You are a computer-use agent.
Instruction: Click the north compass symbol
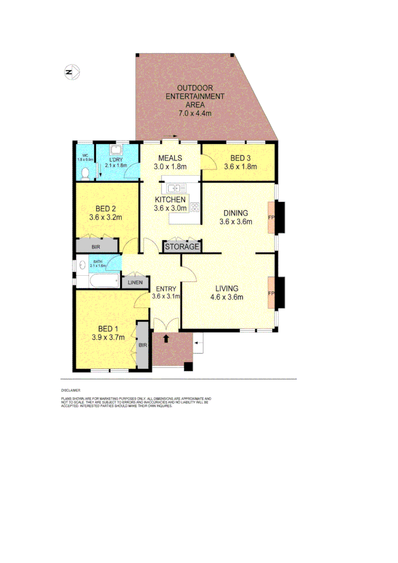[x=71, y=72]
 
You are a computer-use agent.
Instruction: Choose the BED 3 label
[x=237, y=162]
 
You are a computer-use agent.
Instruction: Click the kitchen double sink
[x=173, y=188]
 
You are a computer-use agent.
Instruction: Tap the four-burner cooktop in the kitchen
[x=195, y=207]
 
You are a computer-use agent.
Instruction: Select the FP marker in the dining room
[x=270, y=216]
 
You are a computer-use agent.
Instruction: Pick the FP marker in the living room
[x=270, y=293]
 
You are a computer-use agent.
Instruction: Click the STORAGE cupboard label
[x=182, y=247]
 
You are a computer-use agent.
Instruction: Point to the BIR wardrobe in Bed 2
[x=96, y=246]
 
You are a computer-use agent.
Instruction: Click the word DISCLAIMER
[x=70, y=389]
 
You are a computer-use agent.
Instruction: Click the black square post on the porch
[x=188, y=366]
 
